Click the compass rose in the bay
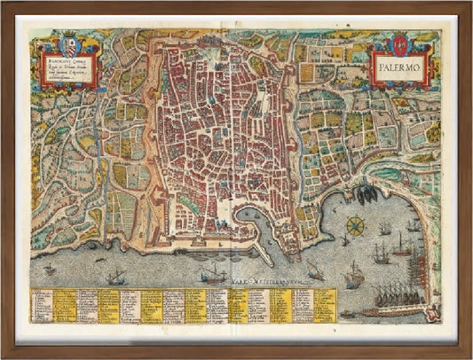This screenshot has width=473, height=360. point(356,225)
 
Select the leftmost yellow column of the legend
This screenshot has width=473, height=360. point(64,304)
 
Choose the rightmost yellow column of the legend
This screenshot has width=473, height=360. point(326,304)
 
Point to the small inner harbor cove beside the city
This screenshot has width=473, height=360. point(250,216)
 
